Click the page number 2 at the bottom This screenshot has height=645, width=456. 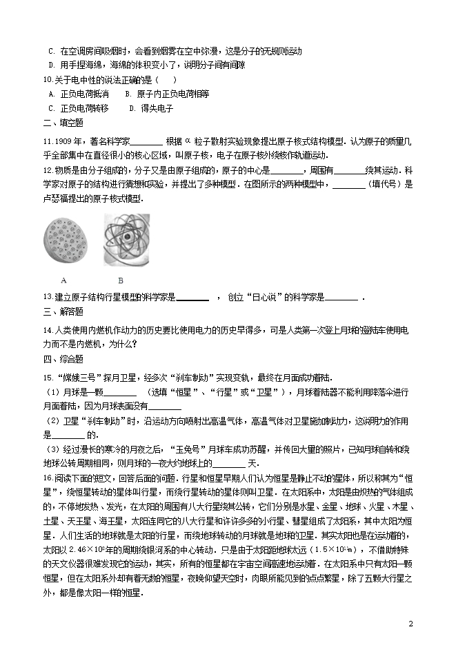[410, 624]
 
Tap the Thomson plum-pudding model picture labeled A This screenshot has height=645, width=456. [63, 242]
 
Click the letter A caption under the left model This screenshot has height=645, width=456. [63, 280]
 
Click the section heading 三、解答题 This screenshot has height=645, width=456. [63, 312]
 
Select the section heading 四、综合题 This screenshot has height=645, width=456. [63, 358]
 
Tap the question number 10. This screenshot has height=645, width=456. [48, 80]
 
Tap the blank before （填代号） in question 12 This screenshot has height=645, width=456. [348, 185]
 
